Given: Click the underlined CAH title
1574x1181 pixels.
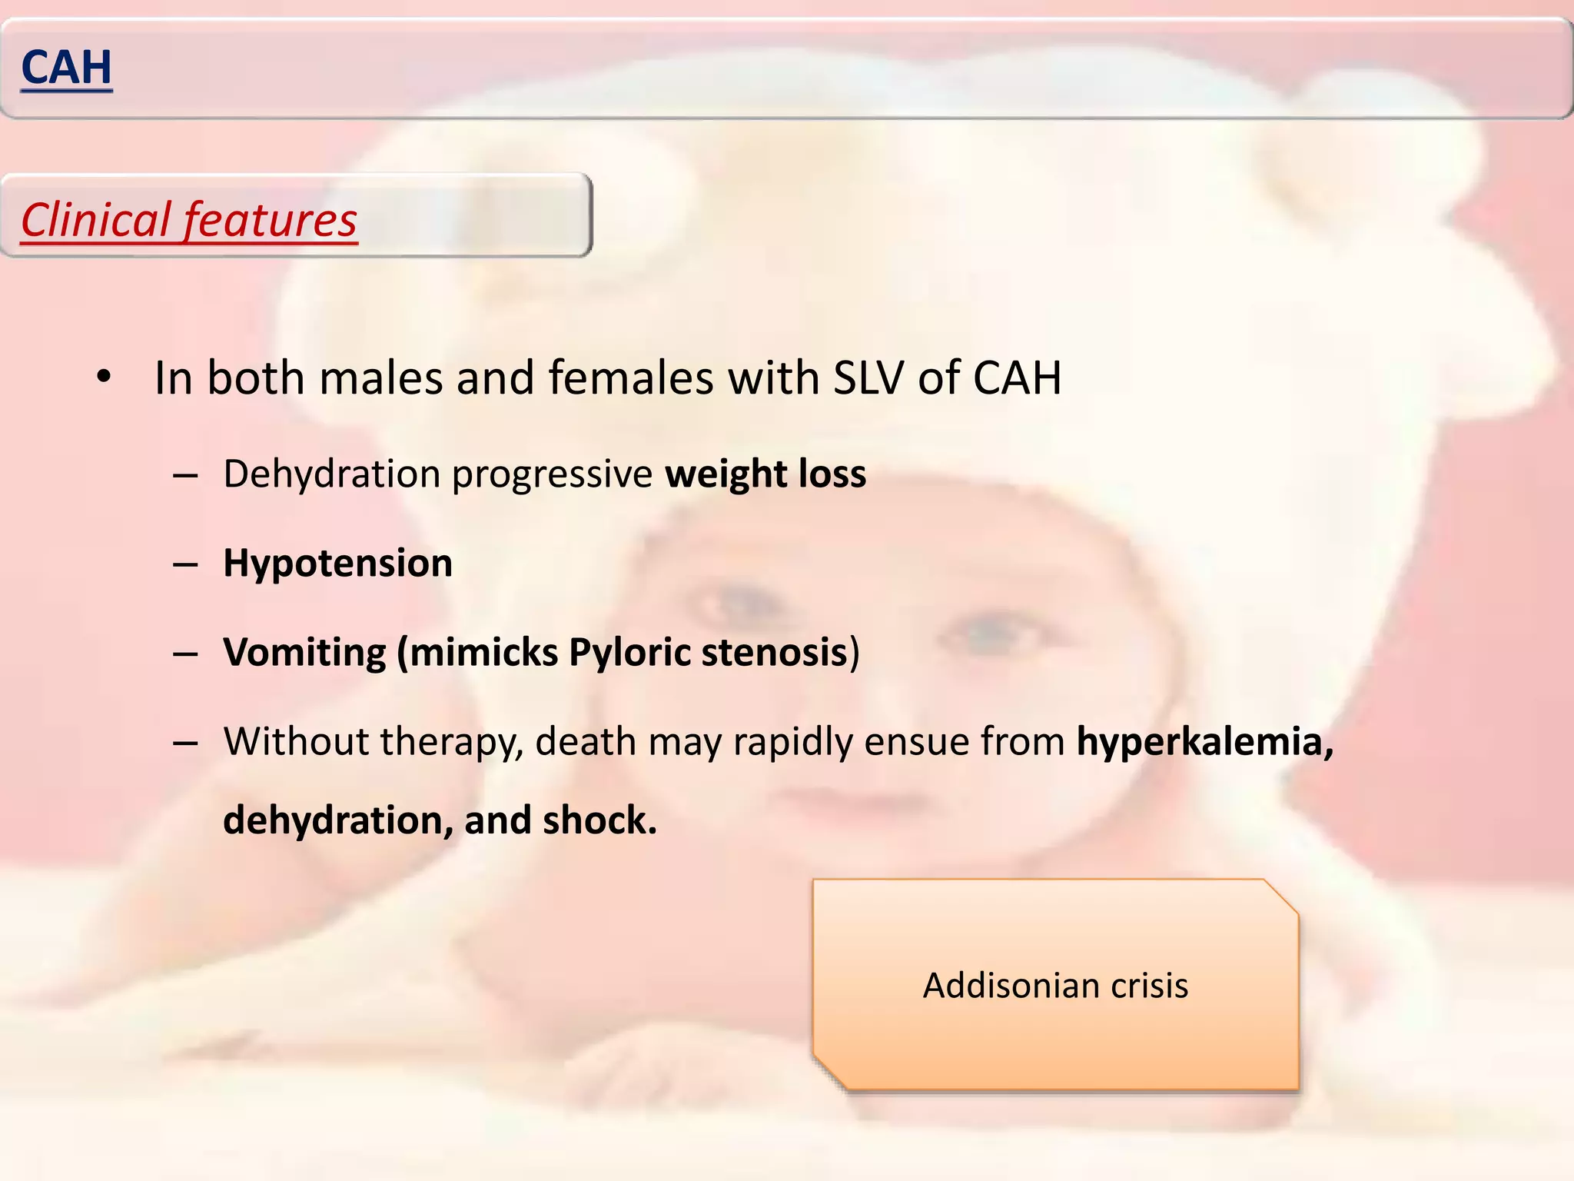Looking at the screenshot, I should (67, 68).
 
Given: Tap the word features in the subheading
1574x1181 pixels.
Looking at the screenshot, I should (270, 220).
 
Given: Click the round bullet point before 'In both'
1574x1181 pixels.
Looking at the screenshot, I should (104, 378).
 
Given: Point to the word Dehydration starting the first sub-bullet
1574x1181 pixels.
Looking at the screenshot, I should (331, 474).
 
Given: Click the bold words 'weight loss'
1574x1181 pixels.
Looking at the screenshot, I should (765, 474).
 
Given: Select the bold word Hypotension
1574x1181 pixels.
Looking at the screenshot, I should (337, 563).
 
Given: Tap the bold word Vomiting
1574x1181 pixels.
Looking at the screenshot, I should (304, 652).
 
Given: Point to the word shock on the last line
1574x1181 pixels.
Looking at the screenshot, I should (599, 820).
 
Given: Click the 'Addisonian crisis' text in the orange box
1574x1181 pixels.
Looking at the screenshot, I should (1055, 986).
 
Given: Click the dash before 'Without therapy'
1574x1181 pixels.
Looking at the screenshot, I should (185, 744).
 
